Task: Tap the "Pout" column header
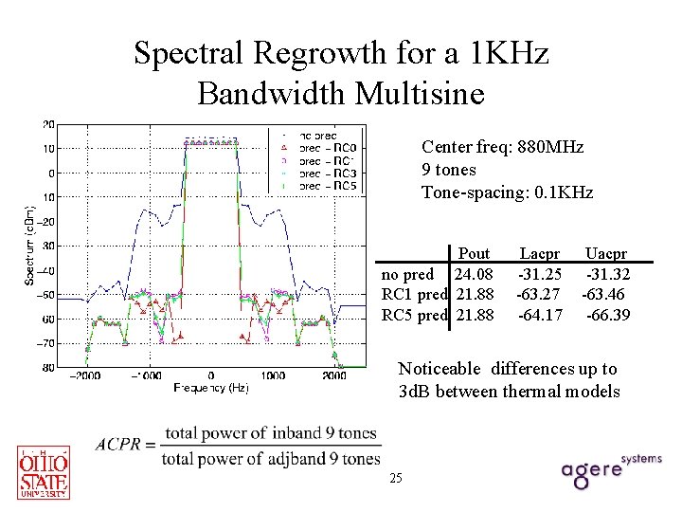(x=474, y=253)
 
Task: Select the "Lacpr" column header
(x=539, y=253)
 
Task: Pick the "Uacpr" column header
(x=605, y=253)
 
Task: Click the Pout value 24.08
(x=475, y=274)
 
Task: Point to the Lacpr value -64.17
(x=539, y=314)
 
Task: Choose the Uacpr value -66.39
(x=608, y=314)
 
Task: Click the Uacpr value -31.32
(x=606, y=274)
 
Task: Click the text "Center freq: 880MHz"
(x=502, y=147)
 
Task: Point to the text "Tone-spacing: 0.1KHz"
(x=507, y=192)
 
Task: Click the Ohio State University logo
(x=43, y=471)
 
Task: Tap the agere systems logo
(x=611, y=470)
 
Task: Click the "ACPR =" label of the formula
(x=125, y=446)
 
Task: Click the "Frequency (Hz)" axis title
(x=211, y=388)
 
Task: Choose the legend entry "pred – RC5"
(x=326, y=186)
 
